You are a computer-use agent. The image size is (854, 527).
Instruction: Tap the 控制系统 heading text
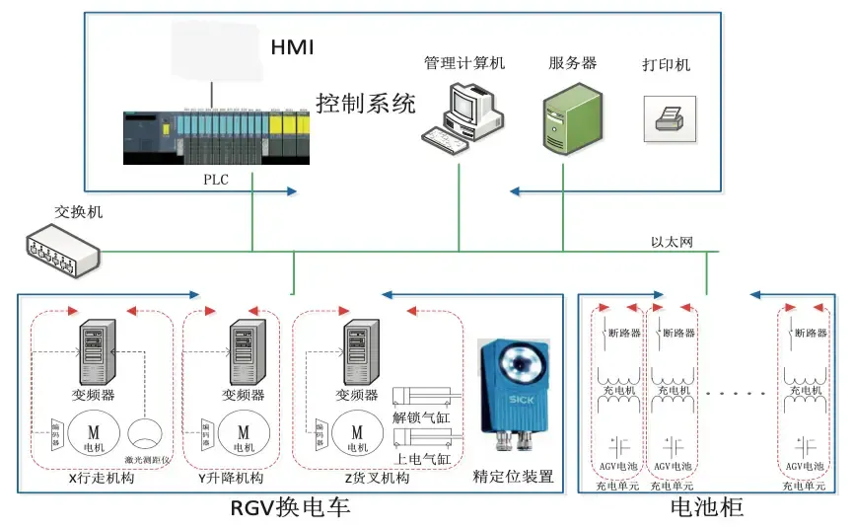366,103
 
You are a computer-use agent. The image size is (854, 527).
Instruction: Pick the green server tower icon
572,116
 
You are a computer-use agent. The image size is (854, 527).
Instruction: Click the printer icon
670,119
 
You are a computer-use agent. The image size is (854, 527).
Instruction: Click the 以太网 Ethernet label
672,242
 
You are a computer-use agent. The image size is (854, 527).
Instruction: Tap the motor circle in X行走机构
95,433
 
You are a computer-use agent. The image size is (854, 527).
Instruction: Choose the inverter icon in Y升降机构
243,352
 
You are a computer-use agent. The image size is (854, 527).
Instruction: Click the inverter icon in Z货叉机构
357,352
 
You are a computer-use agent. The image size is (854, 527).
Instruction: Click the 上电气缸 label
422,460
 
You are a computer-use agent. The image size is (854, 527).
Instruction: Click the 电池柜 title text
706,508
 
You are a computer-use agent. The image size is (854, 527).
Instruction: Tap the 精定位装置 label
514,478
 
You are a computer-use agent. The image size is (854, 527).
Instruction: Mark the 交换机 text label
78,212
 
